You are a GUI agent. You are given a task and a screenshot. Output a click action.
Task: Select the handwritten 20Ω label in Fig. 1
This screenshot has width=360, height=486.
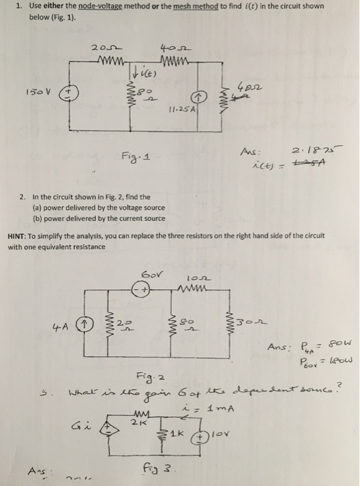pyautogui.click(x=101, y=47)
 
